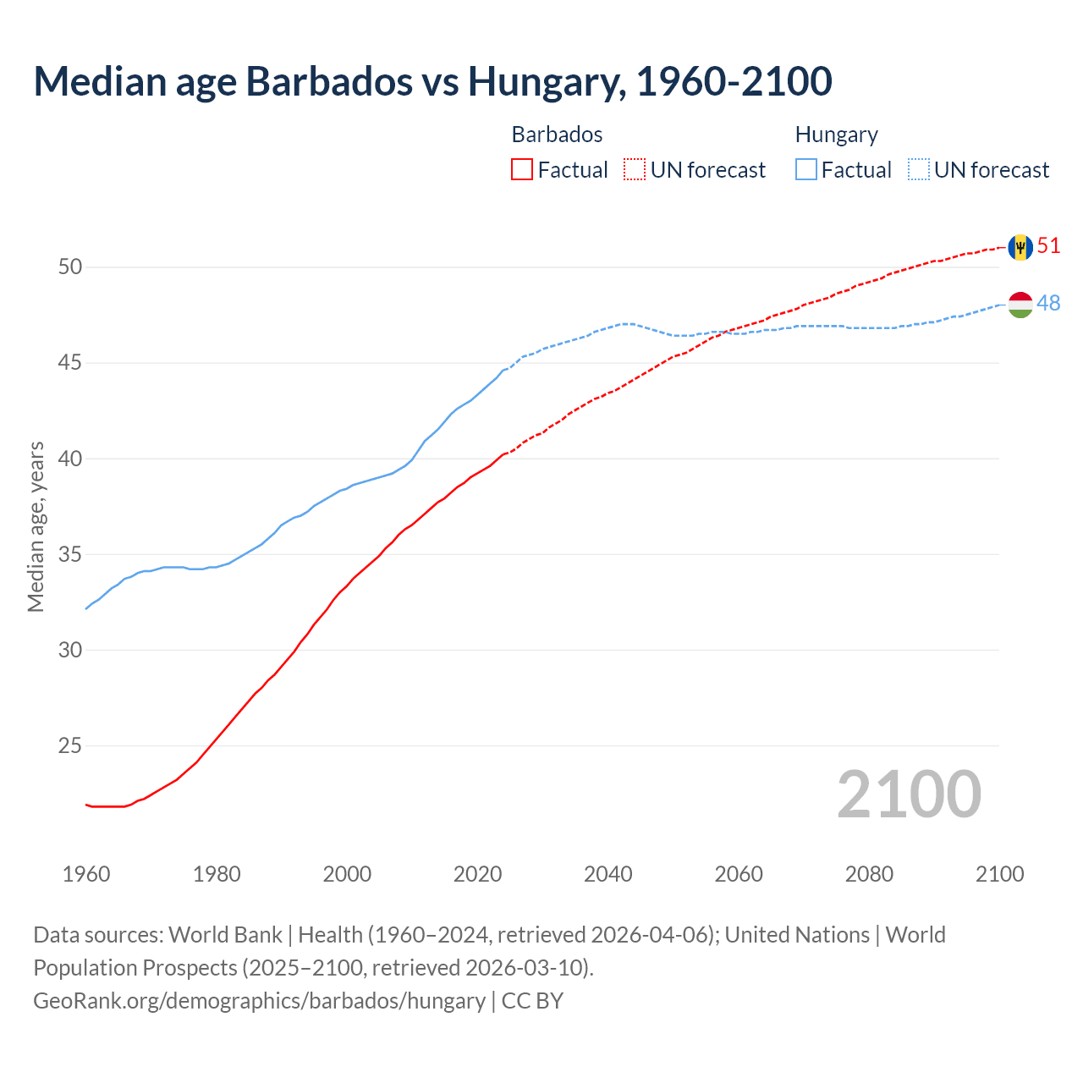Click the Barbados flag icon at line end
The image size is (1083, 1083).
pyautogui.click(x=1020, y=247)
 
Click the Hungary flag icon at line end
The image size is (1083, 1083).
pyautogui.click(x=1020, y=305)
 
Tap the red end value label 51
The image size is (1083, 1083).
pyautogui.click(x=1048, y=246)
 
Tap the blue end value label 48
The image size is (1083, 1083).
pyautogui.click(x=1048, y=303)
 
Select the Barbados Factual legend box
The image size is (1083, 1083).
pyautogui.click(x=522, y=169)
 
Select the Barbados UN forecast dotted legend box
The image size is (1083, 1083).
pyautogui.click(x=635, y=169)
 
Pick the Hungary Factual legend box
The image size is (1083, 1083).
pyautogui.click(x=805, y=169)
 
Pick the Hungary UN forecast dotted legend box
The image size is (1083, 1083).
pyautogui.click(x=918, y=169)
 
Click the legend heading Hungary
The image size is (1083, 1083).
pyautogui.click(x=836, y=135)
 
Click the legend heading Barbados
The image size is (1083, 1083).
pyautogui.click(x=557, y=135)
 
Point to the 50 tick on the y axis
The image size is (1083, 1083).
pyautogui.click(x=70, y=267)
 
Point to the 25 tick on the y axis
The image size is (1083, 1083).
pyautogui.click(x=70, y=746)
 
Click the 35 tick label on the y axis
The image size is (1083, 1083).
pyautogui.click(x=70, y=555)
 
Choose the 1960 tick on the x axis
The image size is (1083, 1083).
pyautogui.click(x=86, y=874)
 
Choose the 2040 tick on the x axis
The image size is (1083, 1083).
pyautogui.click(x=607, y=874)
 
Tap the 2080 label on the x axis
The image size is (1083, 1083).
pyautogui.click(x=869, y=874)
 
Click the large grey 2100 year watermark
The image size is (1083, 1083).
pyautogui.click(x=909, y=794)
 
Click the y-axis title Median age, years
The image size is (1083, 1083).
pyautogui.click(x=36, y=526)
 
